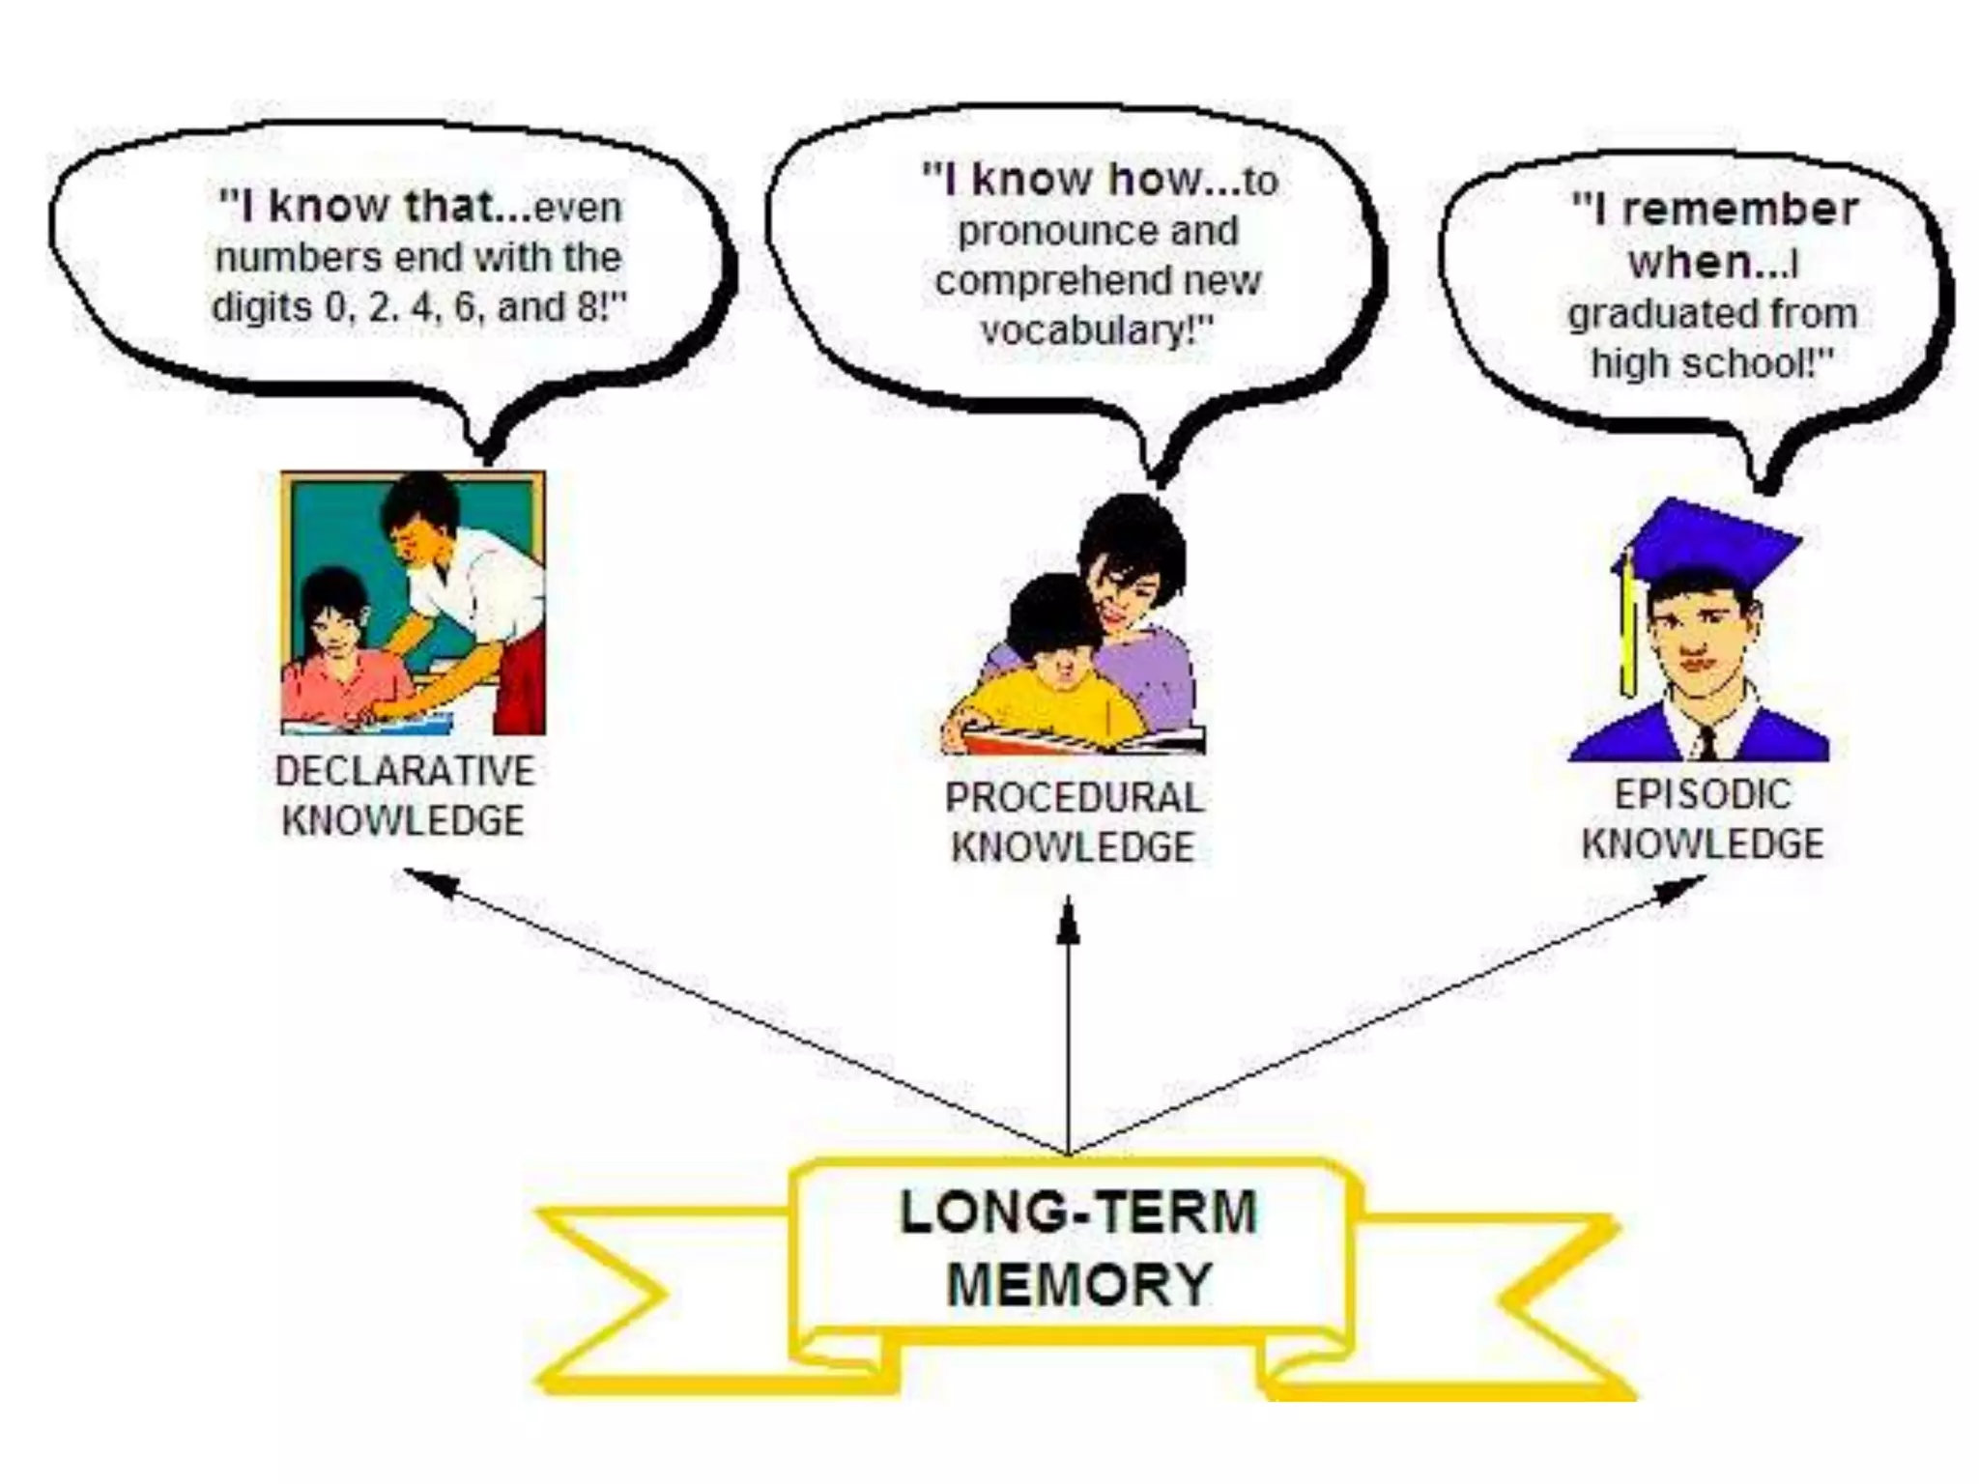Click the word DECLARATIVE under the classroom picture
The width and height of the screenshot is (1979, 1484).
pos(404,771)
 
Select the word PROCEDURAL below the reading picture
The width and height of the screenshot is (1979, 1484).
pos(1074,798)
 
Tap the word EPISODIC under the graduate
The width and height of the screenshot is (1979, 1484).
pos(1703,794)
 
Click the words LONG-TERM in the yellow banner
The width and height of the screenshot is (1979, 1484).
pos(1077,1213)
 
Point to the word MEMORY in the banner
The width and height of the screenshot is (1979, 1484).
pos(1078,1285)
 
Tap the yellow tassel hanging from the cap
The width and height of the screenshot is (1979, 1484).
pos(1629,628)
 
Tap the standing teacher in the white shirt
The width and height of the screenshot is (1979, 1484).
pos(464,580)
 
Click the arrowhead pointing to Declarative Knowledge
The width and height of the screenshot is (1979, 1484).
pos(425,880)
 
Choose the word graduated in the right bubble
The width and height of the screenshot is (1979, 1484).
pos(1652,313)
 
